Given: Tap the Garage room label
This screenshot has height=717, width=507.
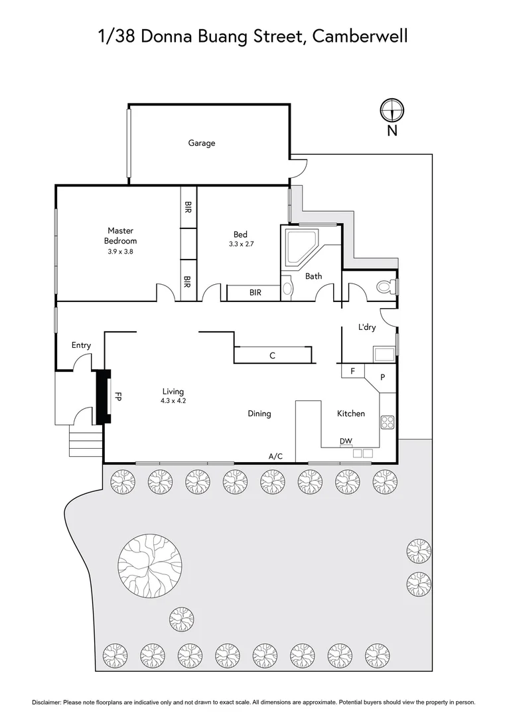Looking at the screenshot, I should (x=201, y=143).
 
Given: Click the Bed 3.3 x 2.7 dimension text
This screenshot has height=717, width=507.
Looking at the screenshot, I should (x=240, y=244).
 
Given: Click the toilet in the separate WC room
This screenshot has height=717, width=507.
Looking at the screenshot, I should (x=385, y=287).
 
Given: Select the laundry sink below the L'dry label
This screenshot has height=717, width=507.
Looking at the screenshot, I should (x=384, y=353).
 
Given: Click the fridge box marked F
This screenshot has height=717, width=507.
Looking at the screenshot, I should (x=352, y=370).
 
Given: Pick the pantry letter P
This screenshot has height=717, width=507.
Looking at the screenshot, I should (x=382, y=376).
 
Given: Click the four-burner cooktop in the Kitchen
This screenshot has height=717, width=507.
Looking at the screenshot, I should (x=388, y=422).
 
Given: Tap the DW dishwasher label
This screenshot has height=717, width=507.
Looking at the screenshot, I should (x=346, y=441).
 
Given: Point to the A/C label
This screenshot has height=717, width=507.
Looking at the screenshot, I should (x=275, y=456).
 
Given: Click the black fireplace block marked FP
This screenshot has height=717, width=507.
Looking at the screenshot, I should (x=104, y=396).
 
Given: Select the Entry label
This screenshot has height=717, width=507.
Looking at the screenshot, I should (x=81, y=345).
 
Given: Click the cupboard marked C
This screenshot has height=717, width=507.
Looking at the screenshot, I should (x=272, y=355).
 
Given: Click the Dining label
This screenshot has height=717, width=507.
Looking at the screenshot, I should (x=259, y=414).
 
